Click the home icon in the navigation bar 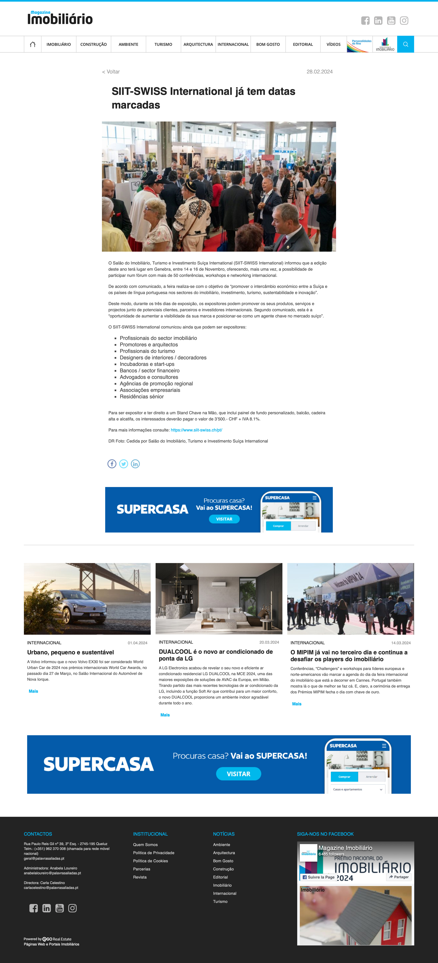coord(33,45)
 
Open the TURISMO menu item coord(163,45)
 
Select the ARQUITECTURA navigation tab coord(198,45)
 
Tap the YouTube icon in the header coord(391,21)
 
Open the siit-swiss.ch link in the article coord(196,430)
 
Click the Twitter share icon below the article coord(123,464)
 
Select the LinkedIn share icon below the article coord(135,464)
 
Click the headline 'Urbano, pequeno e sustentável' coord(70,652)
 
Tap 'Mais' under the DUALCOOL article coord(165,715)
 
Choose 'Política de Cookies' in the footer coord(150,861)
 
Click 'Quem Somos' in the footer coord(145,845)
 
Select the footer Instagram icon coord(72,908)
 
